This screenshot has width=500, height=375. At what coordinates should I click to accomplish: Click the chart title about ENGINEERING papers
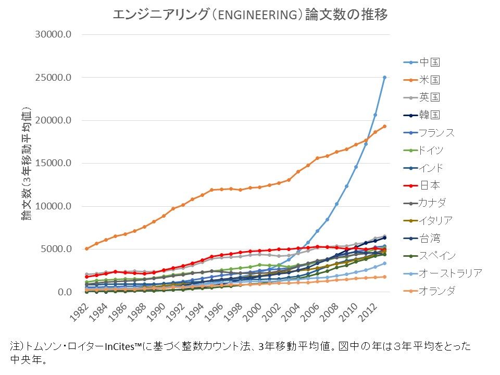coord(250,15)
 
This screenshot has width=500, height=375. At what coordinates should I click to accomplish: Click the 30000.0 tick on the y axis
coord(54,35)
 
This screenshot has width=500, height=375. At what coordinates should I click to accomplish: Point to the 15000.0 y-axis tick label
coord(54,164)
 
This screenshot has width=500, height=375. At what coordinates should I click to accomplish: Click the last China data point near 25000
coord(384,77)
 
